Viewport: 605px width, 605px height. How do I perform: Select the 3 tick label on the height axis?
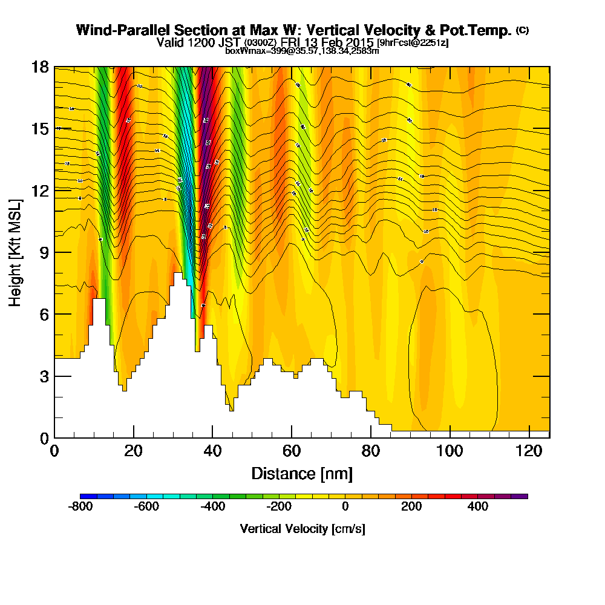43,376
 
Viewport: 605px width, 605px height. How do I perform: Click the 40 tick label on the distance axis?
212,451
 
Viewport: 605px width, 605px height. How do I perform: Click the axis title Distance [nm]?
302,473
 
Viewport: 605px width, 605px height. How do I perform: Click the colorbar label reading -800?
80,506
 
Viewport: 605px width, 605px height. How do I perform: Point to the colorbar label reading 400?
478,506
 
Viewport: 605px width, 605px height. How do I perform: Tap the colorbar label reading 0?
345,506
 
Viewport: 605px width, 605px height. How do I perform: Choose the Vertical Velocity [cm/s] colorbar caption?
302,529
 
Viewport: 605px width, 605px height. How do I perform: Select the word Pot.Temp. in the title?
480,30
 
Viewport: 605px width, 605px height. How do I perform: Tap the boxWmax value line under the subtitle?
302,51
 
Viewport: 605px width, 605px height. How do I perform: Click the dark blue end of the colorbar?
84,496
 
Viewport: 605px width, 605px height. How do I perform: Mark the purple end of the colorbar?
523,496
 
